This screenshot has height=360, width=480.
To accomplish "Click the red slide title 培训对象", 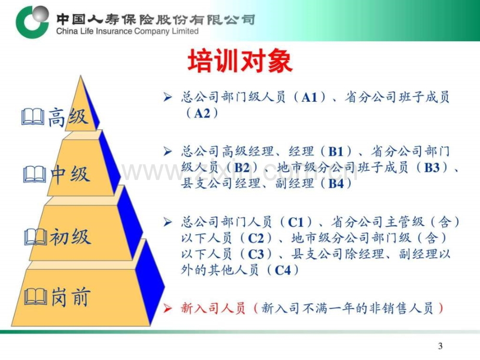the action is (240, 61).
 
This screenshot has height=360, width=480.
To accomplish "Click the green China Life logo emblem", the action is (32, 21).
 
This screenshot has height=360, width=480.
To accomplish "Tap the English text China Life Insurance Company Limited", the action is (127, 31).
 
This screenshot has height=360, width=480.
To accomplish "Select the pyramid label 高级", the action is (68, 117).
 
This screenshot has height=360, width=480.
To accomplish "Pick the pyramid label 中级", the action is (70, 174).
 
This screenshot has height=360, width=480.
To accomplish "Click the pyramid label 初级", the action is (70, 237).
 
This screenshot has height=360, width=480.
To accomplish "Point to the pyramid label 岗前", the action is (70, 296).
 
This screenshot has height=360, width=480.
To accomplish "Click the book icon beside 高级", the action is (33, 117).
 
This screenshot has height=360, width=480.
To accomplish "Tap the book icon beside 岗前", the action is (35, 297).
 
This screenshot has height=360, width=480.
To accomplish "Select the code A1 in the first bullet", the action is (309, 98).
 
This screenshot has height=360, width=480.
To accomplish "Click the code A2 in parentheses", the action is (202, 113).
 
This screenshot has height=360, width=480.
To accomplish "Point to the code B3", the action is (431, 167).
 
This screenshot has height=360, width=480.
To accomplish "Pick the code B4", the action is (336, 183).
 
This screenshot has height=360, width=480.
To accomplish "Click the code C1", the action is (296, 222).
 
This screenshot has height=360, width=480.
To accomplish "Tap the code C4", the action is (283, 270).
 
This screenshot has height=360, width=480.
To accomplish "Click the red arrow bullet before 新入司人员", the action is (167, 308).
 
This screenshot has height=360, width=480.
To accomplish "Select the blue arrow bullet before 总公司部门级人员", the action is (167, 97).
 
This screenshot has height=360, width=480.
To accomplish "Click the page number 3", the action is (440, 346).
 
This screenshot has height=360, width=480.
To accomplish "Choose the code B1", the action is (336, 151).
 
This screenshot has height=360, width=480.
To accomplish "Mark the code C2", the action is (256, 238).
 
